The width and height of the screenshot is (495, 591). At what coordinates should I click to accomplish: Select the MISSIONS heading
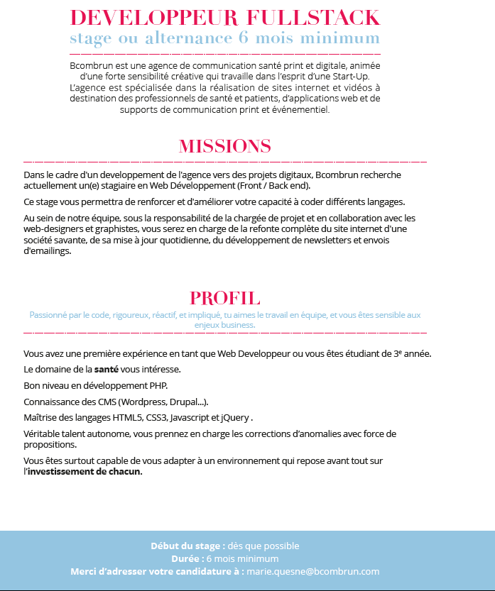[x=225, y=146]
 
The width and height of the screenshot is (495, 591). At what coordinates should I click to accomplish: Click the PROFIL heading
[x=225, y=298]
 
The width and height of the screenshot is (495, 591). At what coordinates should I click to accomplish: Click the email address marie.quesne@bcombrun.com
[x=313, y=571]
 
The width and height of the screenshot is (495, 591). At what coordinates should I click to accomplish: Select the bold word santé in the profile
[x=107, y=369]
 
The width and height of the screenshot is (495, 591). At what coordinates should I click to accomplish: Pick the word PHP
[x=158, y=385]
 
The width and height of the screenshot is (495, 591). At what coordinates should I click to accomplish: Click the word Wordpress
[x=145, y=401]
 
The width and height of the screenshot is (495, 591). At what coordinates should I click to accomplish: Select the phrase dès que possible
[x=263, y=546]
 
